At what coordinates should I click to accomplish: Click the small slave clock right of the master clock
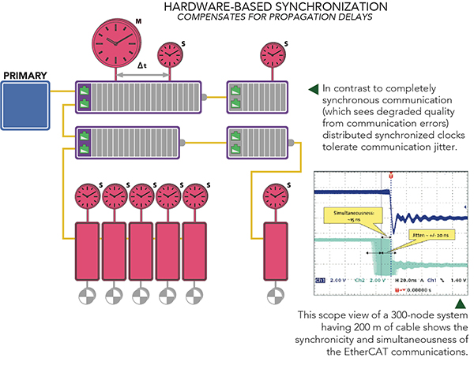pyautogui.click(x=169, y=57)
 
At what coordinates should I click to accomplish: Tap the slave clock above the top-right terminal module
pyautogui.click(x=270, y=57)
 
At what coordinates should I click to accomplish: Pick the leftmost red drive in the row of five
pyautogui.click(x=87, y=249)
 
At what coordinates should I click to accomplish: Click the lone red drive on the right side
pyautogui.click(x=276, y=249)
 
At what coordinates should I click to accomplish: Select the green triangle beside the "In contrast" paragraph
pyautogui.click(x=314, y=88)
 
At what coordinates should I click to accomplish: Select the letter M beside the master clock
pyautogui.click(x=138, y=20)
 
